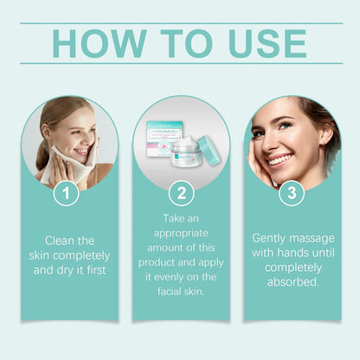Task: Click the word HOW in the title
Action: pos(95,43)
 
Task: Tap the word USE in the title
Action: pos(264,43)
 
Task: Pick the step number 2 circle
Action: pos(180,193)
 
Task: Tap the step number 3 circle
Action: pos(291,193)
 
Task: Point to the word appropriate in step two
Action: pos(181,233)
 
